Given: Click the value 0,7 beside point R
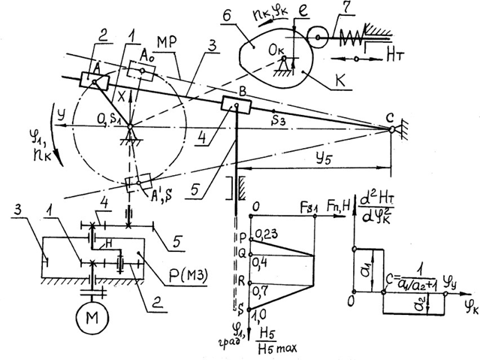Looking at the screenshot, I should click(261, 288).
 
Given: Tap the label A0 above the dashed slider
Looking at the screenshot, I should click(149, 52).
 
